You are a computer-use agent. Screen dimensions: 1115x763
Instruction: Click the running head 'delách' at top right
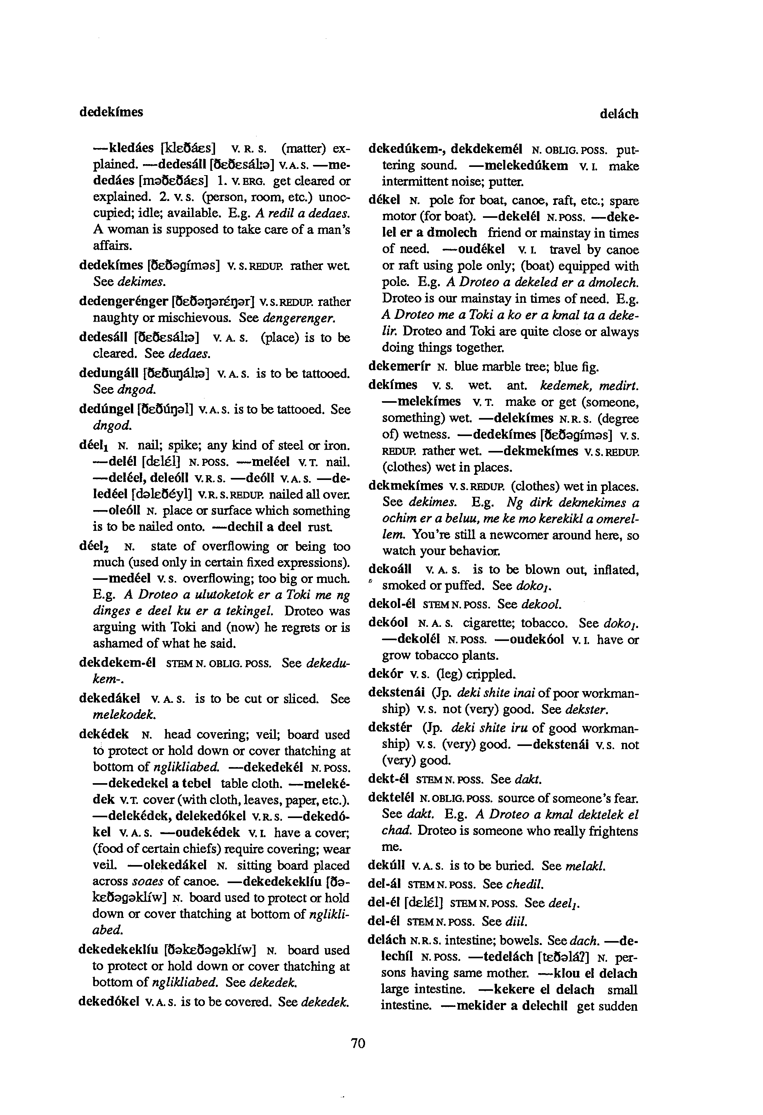pos(618,114)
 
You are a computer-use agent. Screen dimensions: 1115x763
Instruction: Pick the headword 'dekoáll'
pos(390,570)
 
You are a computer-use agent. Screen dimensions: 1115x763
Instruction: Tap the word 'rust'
pos(320,527)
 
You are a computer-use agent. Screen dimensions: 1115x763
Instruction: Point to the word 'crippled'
pos(494,674)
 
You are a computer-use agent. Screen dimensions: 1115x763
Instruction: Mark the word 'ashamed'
pos(113,643)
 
